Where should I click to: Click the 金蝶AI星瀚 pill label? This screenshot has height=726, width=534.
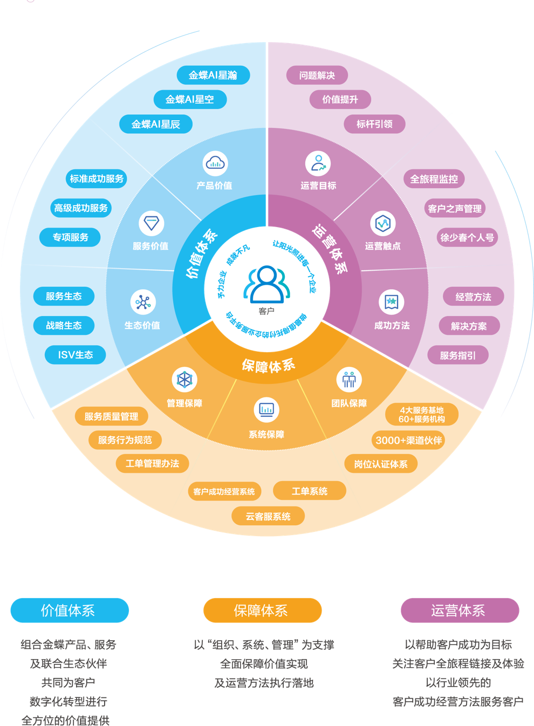coord(213,75)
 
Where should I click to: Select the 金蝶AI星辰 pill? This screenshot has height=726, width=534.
coord(156,124)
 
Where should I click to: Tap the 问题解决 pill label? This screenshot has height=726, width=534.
coord(317,76)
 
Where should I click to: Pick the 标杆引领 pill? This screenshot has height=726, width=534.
coord(374,124)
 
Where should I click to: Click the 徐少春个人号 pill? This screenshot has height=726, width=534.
coord(467,237)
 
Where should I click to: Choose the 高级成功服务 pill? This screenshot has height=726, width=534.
coord(81,208)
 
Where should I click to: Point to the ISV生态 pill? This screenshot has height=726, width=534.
coord(76,355)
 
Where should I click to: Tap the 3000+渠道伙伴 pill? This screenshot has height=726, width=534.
coord(409,440)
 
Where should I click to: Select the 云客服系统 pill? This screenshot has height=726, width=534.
coord(268,516)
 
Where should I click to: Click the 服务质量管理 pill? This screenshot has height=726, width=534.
coord(111,416)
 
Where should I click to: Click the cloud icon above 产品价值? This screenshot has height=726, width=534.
coord(215,163)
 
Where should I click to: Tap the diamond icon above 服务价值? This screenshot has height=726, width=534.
coord(151,223)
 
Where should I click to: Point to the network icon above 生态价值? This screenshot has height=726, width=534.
coord(143,302)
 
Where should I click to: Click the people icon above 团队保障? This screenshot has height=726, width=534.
coord(349,380)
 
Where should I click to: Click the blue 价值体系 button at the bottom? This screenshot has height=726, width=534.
coord(70,611)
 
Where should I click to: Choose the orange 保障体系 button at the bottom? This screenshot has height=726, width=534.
coord(262,611)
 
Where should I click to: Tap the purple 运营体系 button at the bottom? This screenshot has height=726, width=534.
coord(460,611)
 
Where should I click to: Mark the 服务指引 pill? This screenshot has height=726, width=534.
coord(458,355)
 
